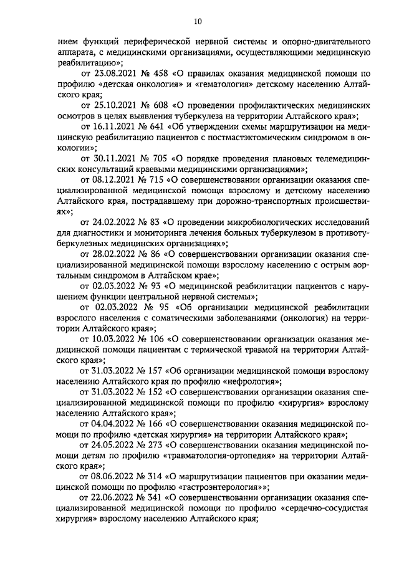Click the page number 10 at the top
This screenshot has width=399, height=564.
click(198, 22)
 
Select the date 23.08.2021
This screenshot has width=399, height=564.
click(116, 74)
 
